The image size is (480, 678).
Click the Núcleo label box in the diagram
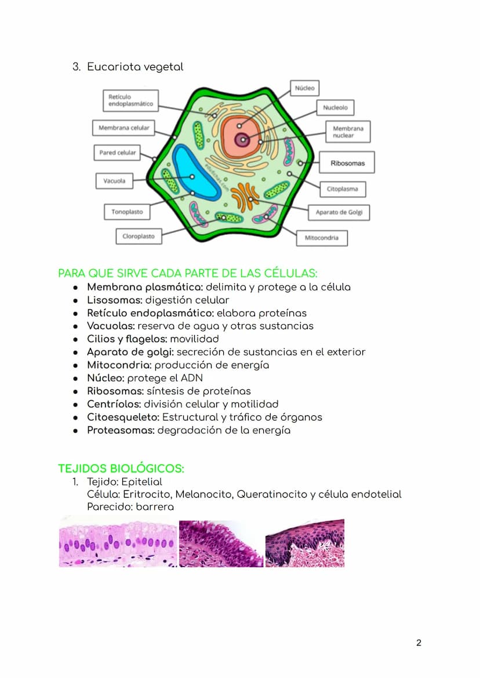click(x=304, y=88)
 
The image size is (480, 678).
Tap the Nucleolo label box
click(x=335, y=107)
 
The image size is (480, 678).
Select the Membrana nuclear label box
click(x=348, y=132)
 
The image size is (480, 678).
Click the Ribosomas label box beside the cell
click(x=347, y=163)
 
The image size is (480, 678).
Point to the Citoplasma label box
click(x=342, y=189)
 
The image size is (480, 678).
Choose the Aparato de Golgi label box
click(x=339, y=212)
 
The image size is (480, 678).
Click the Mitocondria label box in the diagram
click(x=322, y=238)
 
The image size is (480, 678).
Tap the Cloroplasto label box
click(x=138, y=237)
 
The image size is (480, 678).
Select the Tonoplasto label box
click(x=127, y=212)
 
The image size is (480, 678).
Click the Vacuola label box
click(x=114, y=181)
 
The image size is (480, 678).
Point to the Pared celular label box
click(x=117, y=153)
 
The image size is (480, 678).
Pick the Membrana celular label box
click(x=123, y=128)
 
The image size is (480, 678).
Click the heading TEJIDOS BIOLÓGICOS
click(x=121, y=469)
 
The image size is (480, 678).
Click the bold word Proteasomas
click(x=121, y=430)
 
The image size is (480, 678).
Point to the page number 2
click(x=419, y=643)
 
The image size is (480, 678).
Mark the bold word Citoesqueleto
click(x=123, y=417)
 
